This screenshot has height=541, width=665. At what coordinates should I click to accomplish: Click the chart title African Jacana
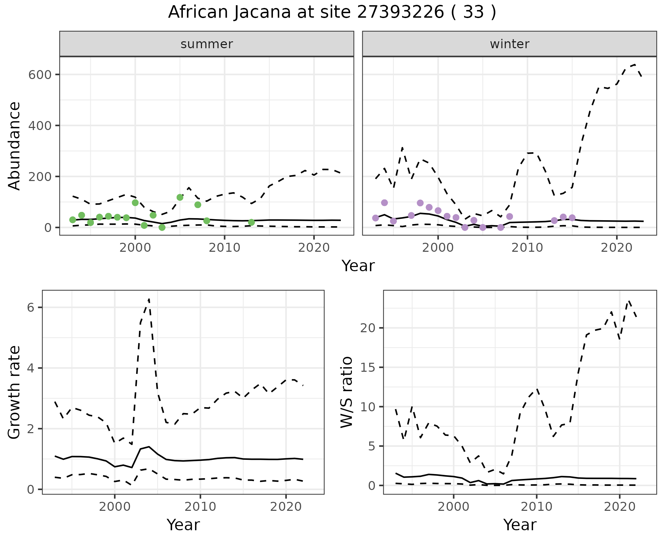click(x=332, y=12)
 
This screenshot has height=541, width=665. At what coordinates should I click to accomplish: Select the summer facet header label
click(x=207, y=44)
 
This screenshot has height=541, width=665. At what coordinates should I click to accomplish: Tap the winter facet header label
click(x=509, y=44)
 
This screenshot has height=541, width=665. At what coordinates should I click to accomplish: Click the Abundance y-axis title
click(x=15, y=146)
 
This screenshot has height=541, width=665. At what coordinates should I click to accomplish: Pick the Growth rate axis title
click(x=15, y=392)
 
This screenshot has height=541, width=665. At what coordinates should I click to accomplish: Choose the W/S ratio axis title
click(x=347, y=392)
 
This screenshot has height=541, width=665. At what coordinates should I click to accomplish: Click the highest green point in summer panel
click(x=180, y=197)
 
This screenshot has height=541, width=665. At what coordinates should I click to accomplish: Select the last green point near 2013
click(x=251, y=222)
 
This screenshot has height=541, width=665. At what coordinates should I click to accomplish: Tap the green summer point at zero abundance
click(x=162, y=227)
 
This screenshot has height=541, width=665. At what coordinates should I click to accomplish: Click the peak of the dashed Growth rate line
click(x=149, y=299)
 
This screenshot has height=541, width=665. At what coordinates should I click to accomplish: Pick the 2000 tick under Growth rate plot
click(x=114, y=507)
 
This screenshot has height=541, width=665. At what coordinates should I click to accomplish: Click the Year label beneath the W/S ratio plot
click(x=520, y=525)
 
